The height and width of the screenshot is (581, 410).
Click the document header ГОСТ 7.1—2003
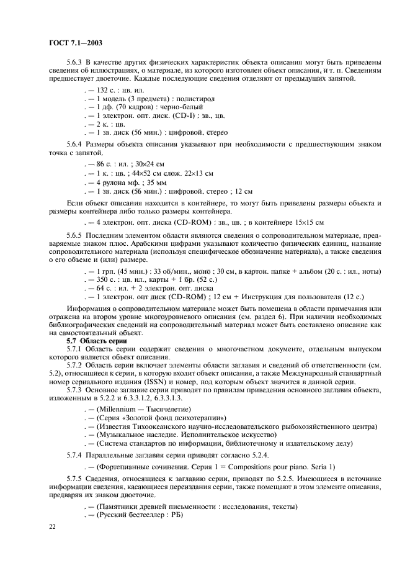[x=74, y=43]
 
